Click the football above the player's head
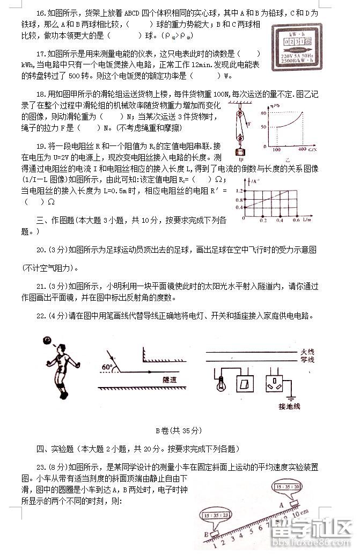click(x=48, y=340)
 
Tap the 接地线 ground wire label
click(x=290, y=406)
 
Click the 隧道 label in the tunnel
click(x=170, y=380)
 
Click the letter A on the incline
click(x=281, y=504)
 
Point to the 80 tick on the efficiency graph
click(x=263, y=113)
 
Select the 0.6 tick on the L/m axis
click(x=295, y=220)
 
